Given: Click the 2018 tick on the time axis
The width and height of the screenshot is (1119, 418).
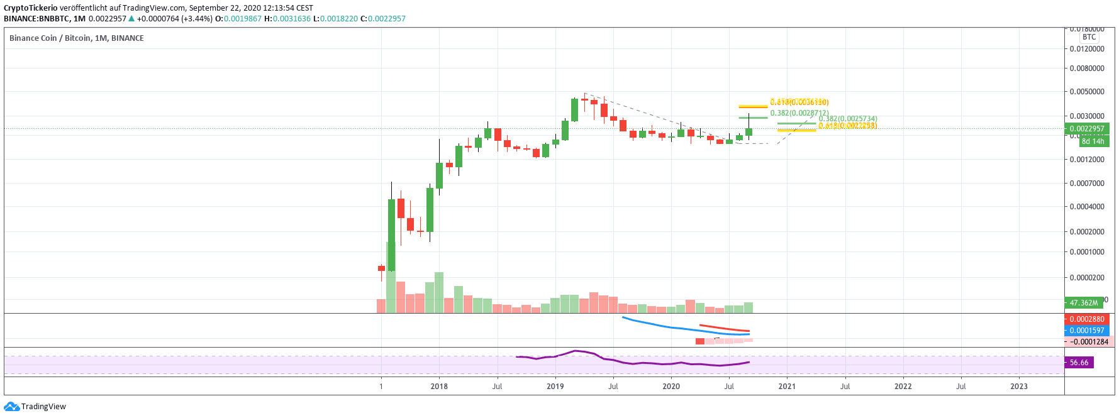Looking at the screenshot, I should click(439, 387).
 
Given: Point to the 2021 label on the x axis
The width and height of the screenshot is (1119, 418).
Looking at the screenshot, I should click(787, 387).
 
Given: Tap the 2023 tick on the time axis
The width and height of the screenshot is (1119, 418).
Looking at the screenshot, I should click(1018, 387).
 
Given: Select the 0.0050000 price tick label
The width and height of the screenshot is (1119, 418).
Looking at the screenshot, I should click(1087, 92).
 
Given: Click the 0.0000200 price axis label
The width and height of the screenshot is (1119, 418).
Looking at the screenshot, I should click(1087, 278).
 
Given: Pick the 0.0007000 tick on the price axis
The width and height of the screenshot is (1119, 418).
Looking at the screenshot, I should click(1087, 184).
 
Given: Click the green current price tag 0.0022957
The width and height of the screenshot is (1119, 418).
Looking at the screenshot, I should click(1086, 129).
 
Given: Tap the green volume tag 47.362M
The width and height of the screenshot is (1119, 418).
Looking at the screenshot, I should click(1084, 303).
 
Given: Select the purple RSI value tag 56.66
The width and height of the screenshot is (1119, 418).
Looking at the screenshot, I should click(1079, 363).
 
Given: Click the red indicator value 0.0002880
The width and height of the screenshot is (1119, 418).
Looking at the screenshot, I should click(1086, 319).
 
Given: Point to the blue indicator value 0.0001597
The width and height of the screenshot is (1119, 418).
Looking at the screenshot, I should click(1086, 331).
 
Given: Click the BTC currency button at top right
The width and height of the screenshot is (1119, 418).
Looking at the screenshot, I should click(1089, 37).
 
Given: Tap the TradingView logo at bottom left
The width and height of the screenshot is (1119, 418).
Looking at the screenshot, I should click(35, 407).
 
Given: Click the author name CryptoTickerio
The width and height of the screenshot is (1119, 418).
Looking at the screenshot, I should click(31, 8).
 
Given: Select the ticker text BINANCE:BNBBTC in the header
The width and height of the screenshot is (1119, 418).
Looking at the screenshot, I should click(36, 19).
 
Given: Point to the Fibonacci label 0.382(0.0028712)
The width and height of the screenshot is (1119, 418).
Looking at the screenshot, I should click(799, 113).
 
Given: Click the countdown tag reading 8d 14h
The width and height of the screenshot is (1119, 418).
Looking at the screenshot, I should click(1093, 141).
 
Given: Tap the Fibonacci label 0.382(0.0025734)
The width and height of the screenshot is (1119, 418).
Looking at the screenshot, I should click(848, 119).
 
